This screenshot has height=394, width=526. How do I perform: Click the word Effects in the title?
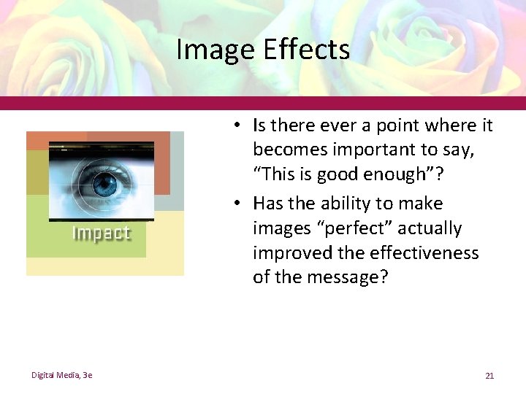[306, 50]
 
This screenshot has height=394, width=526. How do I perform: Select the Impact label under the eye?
[101, 233]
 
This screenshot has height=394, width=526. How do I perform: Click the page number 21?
[489, 376]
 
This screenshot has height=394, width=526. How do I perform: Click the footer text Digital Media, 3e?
[61, 375]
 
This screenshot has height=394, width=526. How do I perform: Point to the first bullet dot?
[238, 126]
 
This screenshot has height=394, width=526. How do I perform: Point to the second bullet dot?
[238, 204]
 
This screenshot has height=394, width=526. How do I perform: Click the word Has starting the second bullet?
[269, 204]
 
